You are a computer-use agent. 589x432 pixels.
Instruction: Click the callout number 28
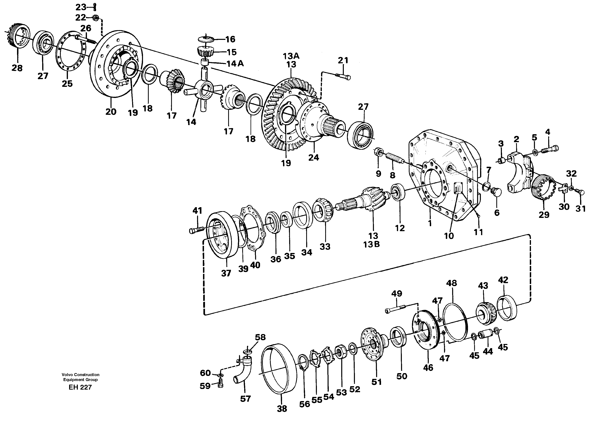coord(17,68)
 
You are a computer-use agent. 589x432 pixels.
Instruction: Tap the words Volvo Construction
coord(80,375)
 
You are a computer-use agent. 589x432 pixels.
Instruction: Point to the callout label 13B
coord(371,244)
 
